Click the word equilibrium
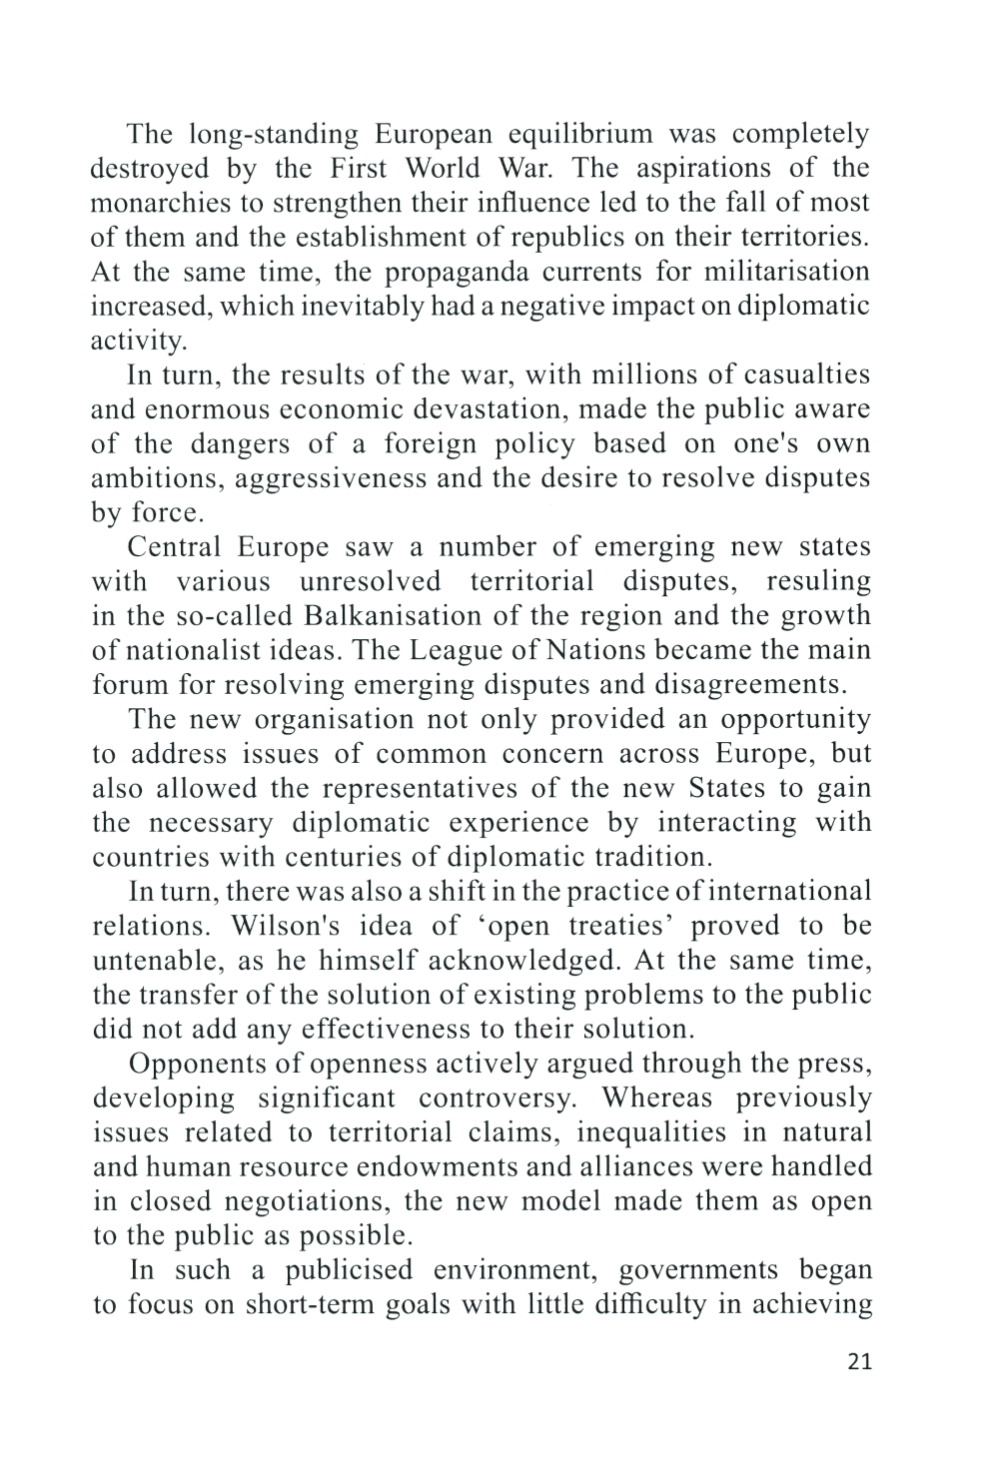coord(580,134)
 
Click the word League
coord(467,650)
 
